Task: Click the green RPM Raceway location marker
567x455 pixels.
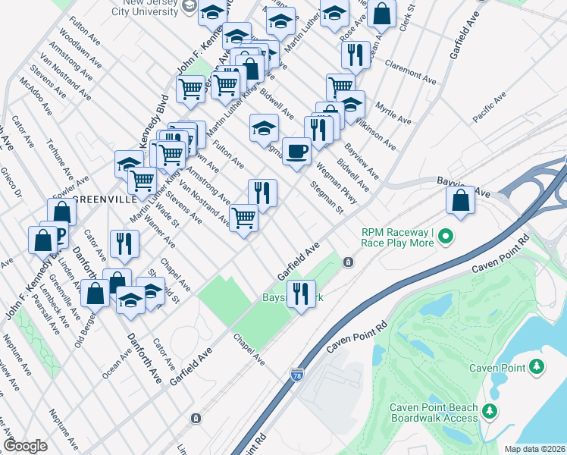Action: click(446, 237)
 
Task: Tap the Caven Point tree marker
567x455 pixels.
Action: click(537, 368)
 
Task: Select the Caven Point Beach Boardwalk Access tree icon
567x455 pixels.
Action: click(490, 412)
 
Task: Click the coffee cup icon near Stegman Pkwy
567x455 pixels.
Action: click(296, 152)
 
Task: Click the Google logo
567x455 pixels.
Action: click(25, 446)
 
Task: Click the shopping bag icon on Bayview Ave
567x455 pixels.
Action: click(461, 201)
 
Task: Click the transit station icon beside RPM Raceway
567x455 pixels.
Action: click(347, 262)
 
